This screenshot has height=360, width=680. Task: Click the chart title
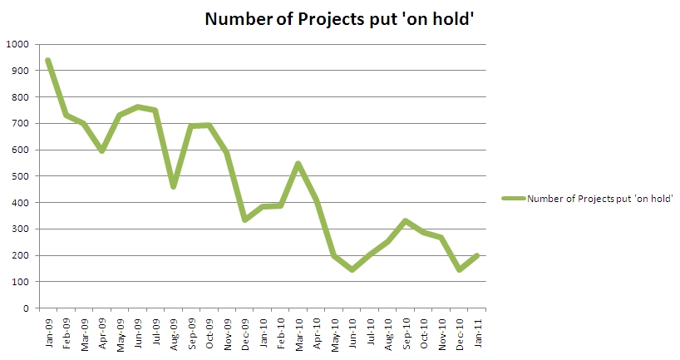tap(340, 19)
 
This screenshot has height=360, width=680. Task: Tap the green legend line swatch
tap(513, 198)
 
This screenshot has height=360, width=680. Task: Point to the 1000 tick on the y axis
tap(17, 44)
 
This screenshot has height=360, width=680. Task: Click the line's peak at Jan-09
tap(48, 60)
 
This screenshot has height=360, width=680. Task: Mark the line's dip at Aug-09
tap(173, 187)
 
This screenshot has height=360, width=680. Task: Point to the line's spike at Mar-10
tap(297, 163)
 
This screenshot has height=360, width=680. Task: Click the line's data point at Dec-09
tap(244, 219)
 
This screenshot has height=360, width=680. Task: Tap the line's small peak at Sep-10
tap(405, 221)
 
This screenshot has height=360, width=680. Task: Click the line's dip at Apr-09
tap(101, 150)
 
